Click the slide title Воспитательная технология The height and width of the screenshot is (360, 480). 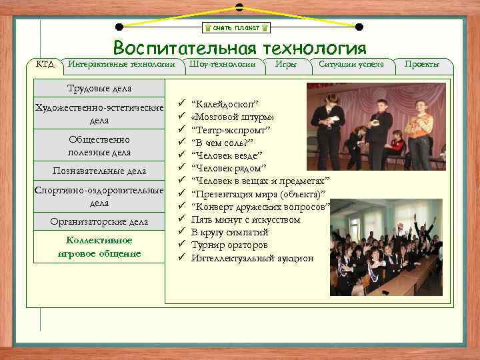[239, 49]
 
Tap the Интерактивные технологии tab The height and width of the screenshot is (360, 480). [121, 65]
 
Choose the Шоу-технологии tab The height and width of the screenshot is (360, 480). [223, 65]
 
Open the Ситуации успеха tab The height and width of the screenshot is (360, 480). [351, 65]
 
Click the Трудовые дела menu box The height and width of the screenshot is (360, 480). [99, 89]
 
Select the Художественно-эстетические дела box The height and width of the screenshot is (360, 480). [99, 115]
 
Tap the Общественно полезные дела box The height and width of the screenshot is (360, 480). [99, 146]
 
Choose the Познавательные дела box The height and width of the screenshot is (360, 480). [99, 171]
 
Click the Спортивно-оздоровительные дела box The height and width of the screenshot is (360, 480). [99, 197]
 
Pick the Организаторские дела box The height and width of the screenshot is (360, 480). [99, 221]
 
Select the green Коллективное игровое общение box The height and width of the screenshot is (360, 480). [99, 247]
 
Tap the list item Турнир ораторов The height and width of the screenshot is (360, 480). [229, 245]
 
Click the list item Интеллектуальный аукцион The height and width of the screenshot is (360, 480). [252, 258]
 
